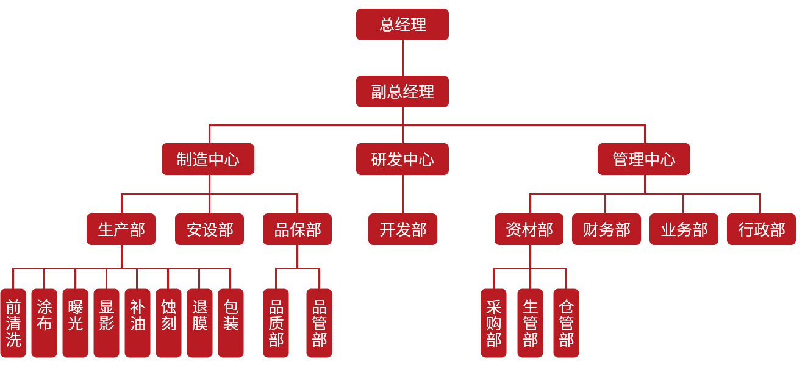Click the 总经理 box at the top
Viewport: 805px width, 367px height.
(x=402, y=24)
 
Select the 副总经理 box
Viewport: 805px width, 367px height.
(x=402, y=91)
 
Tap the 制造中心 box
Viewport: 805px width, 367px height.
(x=208, y=159)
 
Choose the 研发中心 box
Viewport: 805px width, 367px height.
(x=402, y=159)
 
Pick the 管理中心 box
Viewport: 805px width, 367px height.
(x=644, y=159)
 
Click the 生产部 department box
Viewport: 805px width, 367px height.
(x=121, y=229)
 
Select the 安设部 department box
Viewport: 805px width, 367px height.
(x=209, y=229)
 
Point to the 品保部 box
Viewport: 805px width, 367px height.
(x=297, y=229)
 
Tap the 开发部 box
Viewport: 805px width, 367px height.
(x=402, y=229)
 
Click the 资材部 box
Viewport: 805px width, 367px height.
(x=529, y=229)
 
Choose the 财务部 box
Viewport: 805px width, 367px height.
(x=606, y=229)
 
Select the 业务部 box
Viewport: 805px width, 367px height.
(x=684, y=229)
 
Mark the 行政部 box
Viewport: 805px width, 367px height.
(x=761, y=229)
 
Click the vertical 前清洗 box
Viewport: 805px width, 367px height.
(x=13, y=323)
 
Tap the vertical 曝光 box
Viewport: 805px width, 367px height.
(x=75, y=323)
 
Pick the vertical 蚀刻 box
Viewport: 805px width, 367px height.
(x=168, y=323)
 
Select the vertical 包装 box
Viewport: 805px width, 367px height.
(x=231, y=323)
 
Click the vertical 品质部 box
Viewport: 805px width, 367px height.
(x=276, y=323)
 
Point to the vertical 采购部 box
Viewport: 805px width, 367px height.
(x=493, y=323)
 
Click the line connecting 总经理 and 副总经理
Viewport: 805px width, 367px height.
(x=402, y=58)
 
